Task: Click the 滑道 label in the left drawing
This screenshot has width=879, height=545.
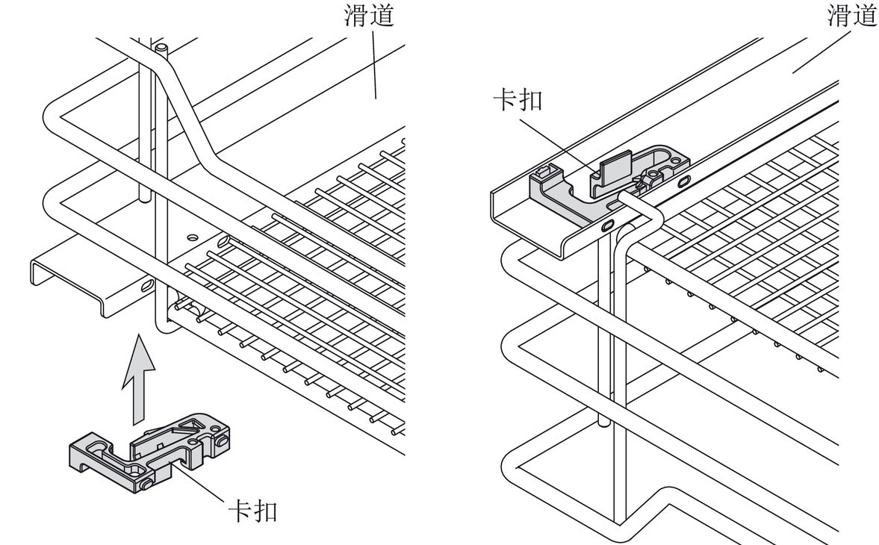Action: (367, 16)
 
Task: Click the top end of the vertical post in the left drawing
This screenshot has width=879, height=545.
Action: (160, 48)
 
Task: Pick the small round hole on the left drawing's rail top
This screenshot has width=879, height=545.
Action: (193, 237)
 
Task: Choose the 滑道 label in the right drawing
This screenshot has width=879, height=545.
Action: (852, 16)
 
